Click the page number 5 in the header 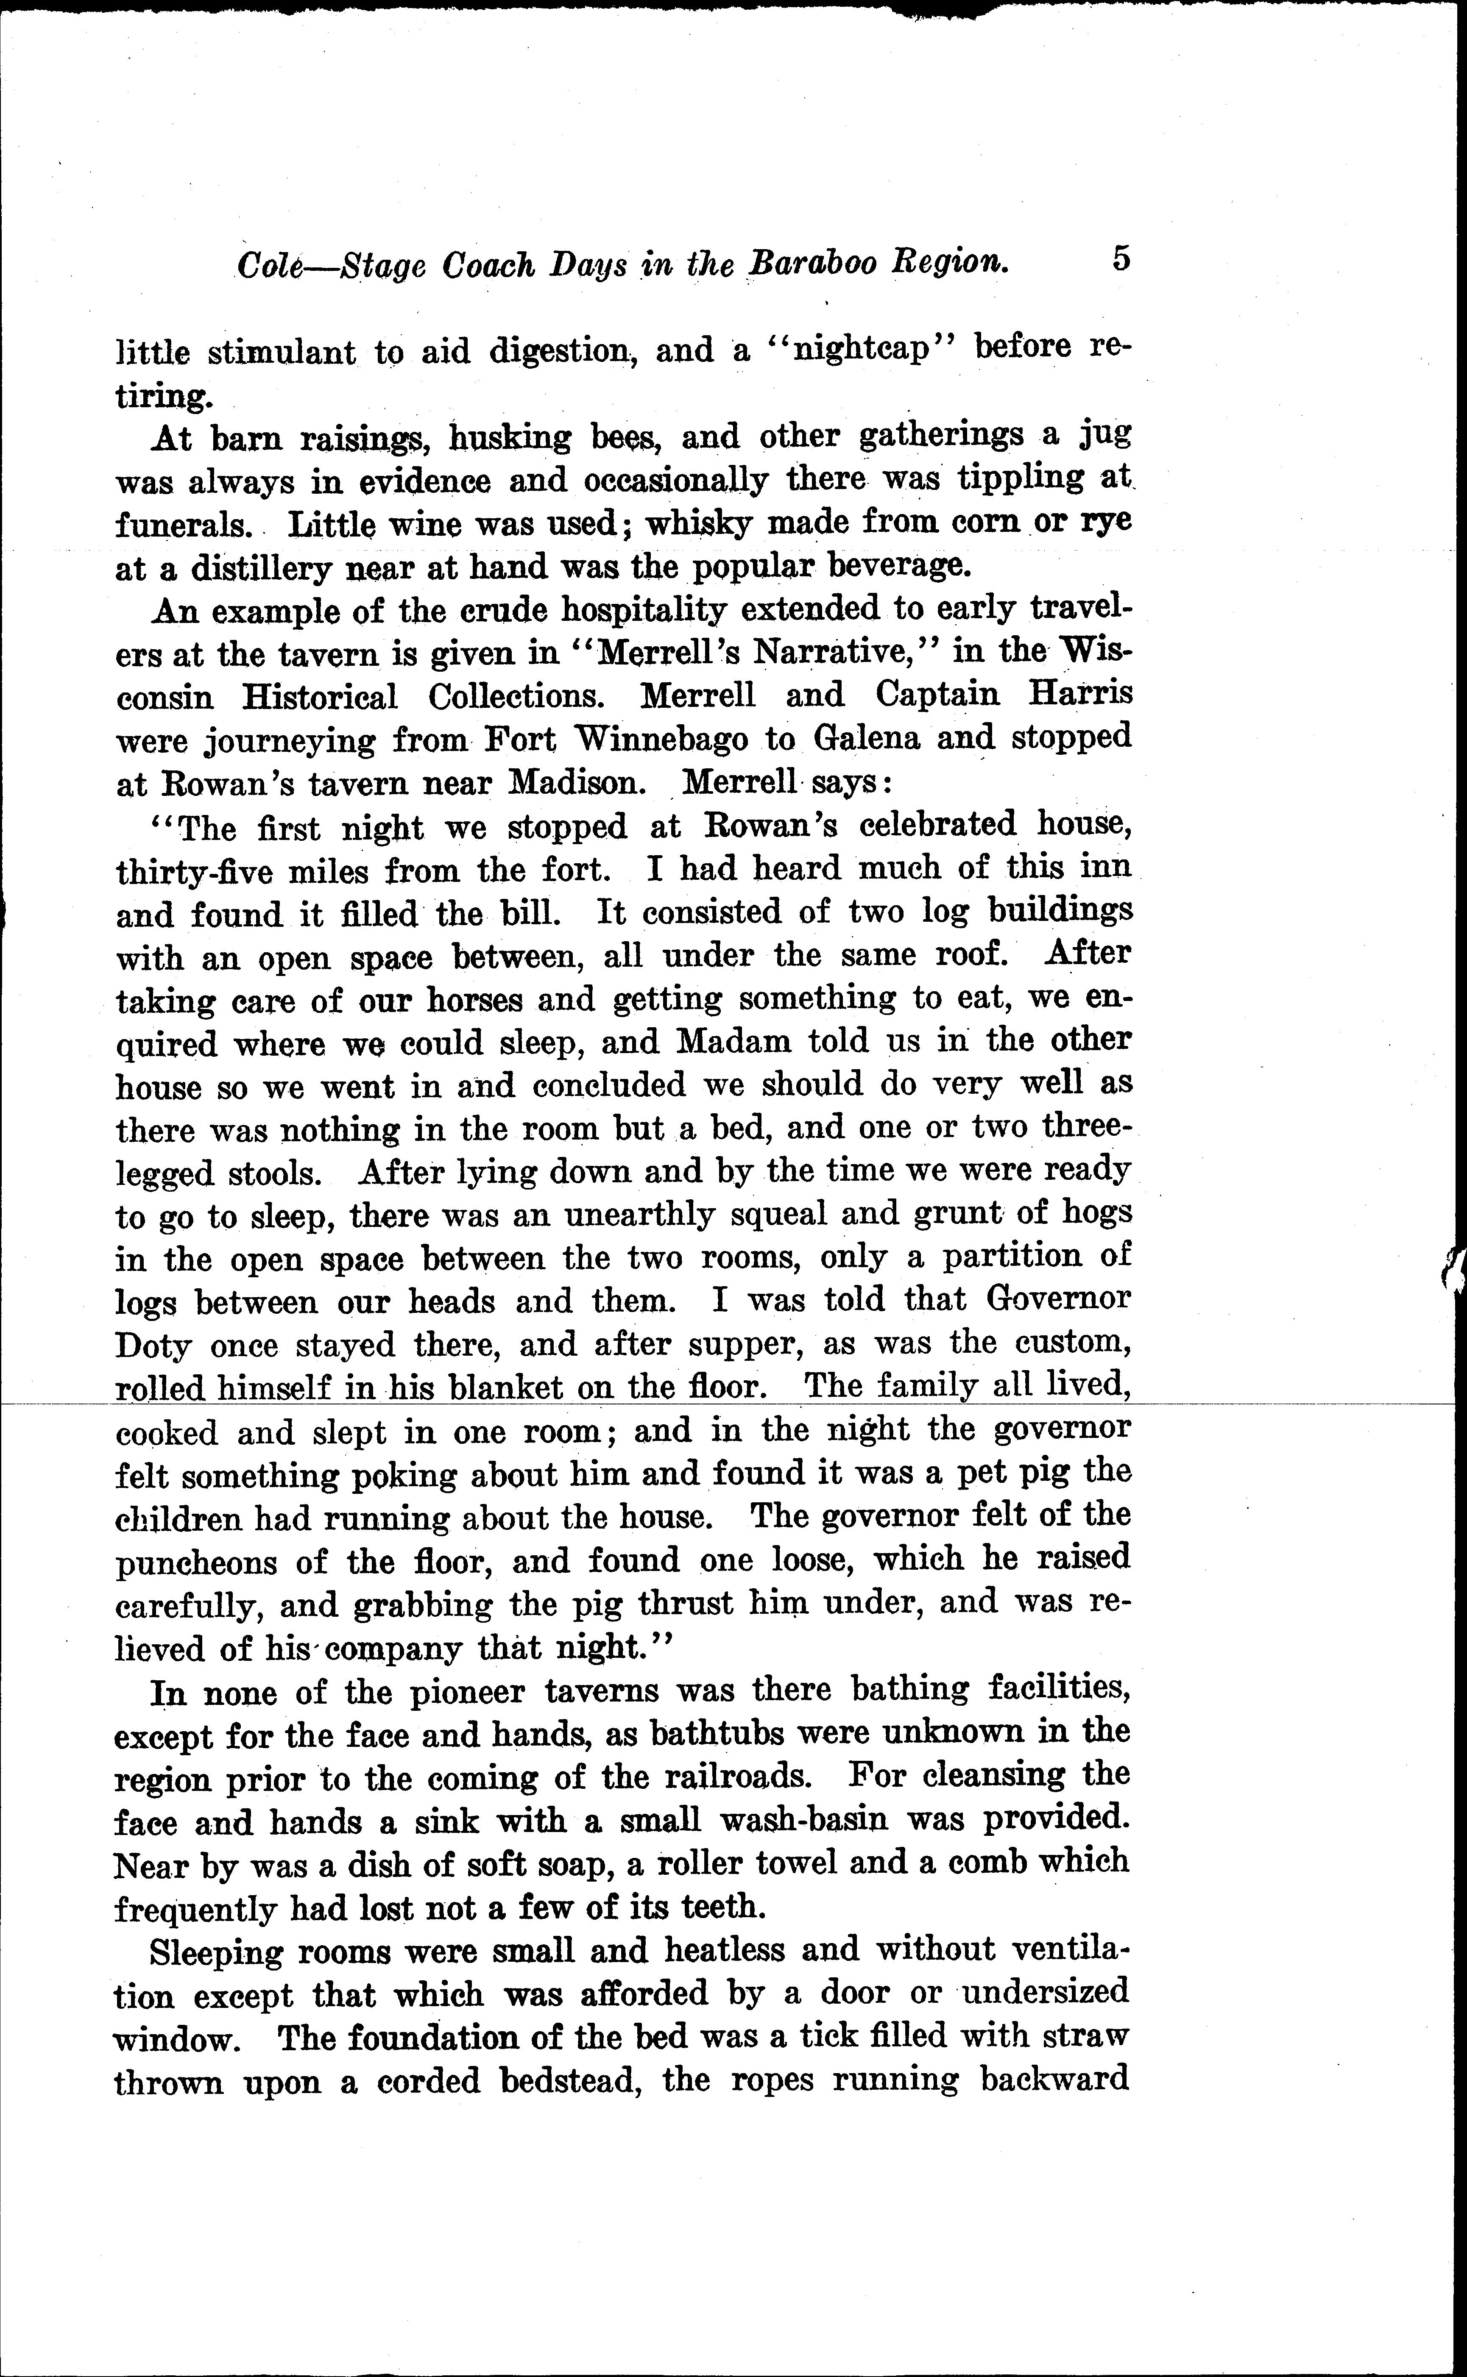pos(1121,259)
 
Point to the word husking pos(509,438)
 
